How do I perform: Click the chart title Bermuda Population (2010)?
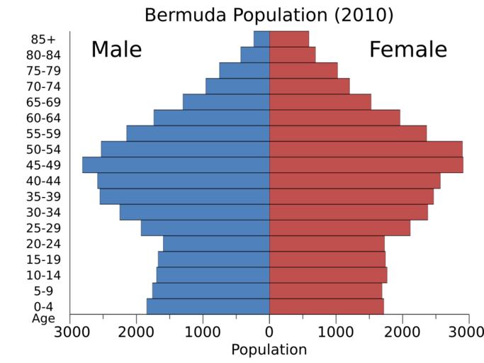(269, 14)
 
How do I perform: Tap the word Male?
(116, 50)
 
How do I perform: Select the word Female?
(407, 50)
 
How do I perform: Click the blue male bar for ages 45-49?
(176, 164)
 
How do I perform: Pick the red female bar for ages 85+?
(289, 38)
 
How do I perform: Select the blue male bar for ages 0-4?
(208, 306)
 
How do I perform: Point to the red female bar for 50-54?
(366, 149)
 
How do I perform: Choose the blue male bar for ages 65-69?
(226, 102)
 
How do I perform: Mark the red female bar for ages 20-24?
(327, 243)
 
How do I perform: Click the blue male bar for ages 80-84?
(255, 55)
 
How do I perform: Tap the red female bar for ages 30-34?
(348, 212)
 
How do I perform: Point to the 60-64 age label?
(42, 118)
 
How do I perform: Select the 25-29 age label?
(42, 228)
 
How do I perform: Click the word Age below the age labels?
(43, 318)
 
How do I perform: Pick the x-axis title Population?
(269, 350)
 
